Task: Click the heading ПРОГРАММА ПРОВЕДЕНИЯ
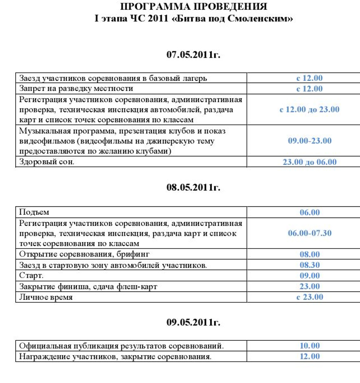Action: [193, 7]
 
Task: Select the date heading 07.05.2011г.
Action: [193, 55]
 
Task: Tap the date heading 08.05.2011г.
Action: [193, 187]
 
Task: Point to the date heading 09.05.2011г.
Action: [193, 322]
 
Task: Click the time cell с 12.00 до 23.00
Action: [310, 109]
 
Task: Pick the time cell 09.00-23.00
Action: [310, 141]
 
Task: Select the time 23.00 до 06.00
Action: [310, 162]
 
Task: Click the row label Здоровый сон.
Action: [46, 162]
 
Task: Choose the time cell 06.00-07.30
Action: [310, 233]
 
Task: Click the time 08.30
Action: [310, 265]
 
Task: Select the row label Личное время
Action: [45, 297]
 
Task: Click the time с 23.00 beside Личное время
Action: [310, 297]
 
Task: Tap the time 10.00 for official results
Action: [310, 346]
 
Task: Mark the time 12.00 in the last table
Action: [310, 356]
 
